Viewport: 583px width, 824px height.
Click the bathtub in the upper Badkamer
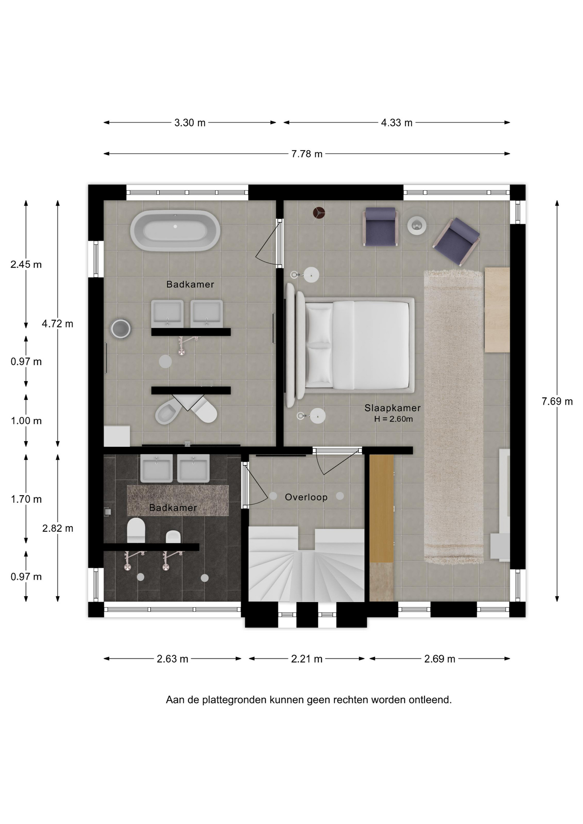175,230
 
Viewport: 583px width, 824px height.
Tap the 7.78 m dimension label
307,154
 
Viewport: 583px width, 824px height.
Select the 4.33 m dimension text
397,123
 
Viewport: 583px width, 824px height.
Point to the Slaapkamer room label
392,408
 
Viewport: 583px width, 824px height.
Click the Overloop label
306,497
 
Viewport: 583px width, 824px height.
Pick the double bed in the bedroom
350,345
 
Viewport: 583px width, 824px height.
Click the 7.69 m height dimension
557,401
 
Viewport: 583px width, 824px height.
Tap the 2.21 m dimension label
307,659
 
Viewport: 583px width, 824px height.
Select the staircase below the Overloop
307,564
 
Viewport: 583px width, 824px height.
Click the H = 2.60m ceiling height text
393,419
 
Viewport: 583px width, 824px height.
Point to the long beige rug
454,416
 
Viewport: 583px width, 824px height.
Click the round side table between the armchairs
416,224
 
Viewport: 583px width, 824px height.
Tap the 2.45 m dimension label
26,264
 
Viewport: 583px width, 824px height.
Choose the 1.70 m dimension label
26,499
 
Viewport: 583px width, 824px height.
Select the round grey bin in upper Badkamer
121,329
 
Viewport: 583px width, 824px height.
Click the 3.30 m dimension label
190,123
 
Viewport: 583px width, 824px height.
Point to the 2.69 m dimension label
440,659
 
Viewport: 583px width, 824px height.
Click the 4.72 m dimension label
58,324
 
